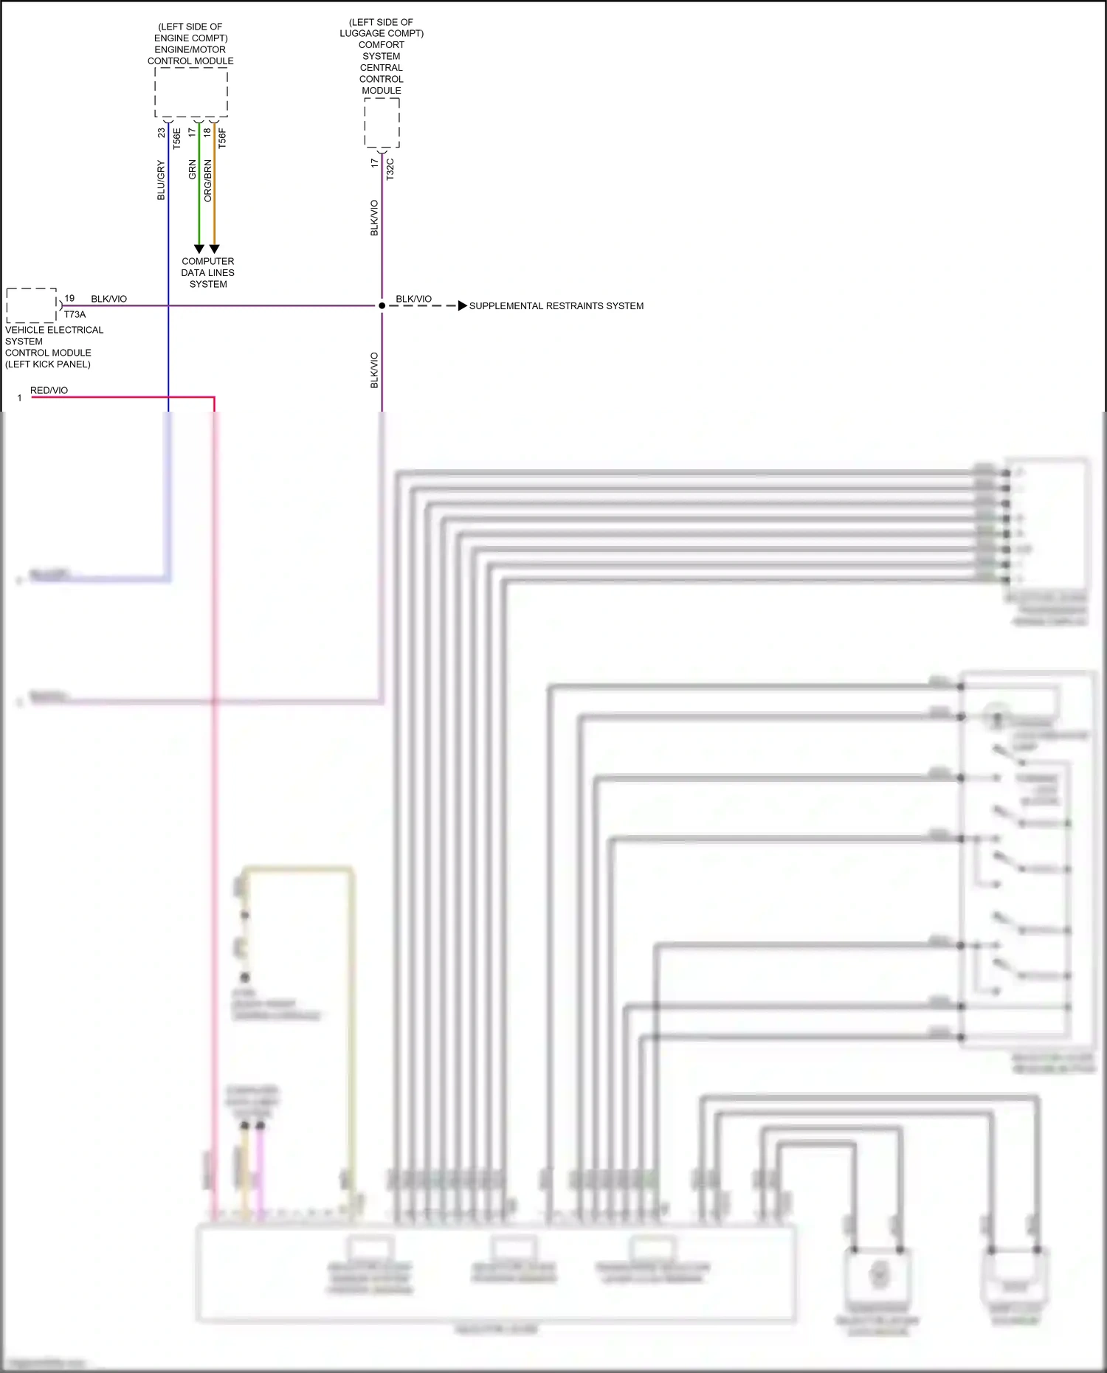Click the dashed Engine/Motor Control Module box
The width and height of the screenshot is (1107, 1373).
191,92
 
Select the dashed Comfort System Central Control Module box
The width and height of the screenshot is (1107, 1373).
382,122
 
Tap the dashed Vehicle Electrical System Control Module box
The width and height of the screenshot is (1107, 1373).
32,305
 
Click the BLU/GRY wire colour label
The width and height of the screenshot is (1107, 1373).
162,181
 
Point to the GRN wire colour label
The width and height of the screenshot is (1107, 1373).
193,170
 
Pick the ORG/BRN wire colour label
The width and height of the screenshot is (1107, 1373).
208,181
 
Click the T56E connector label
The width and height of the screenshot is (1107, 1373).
177,139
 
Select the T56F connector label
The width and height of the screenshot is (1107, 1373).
222,139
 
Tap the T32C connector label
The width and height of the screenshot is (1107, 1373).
390,169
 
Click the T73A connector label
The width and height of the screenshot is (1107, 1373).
75,314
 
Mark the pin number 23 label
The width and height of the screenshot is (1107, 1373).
162,134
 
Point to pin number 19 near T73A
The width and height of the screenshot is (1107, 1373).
69,298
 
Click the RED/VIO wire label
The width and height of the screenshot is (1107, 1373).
49,390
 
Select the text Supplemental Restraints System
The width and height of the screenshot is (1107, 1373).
556,305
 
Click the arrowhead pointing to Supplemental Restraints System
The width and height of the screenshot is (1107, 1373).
462,305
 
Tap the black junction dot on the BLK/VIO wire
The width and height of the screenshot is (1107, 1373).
382,305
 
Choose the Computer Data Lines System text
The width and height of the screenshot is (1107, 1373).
208,272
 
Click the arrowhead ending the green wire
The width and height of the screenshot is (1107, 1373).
199,249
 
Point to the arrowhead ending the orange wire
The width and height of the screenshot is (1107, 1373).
214,249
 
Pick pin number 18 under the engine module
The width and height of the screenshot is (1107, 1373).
207,133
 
